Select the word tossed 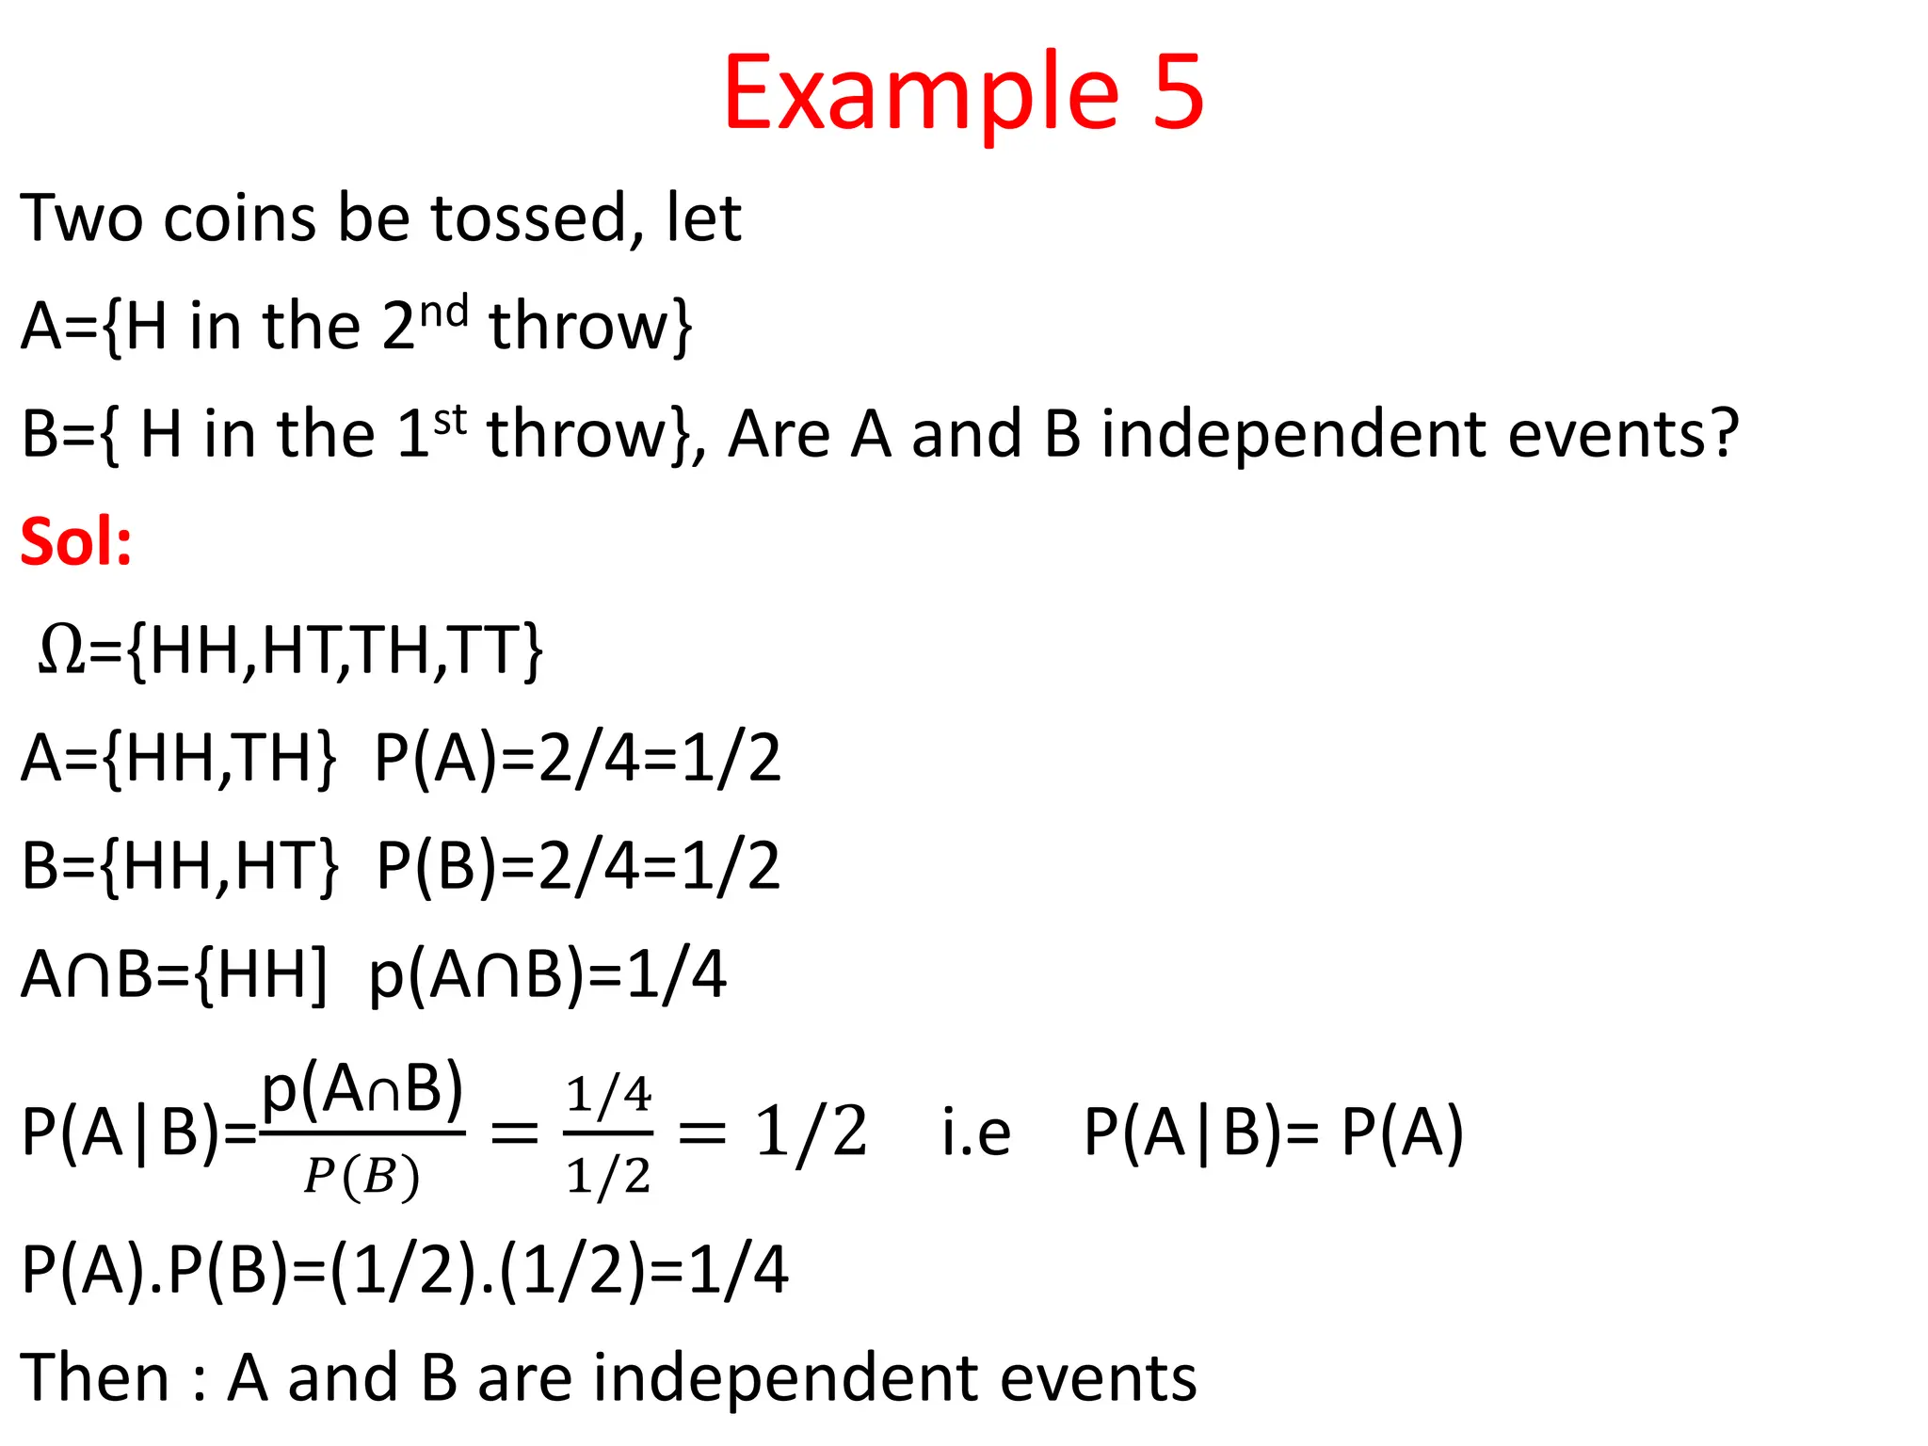click(x=529, y=218)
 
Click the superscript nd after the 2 click(x=443, y=311)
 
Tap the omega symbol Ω click(x=62, y=650)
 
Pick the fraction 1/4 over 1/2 click(x=608, y=1134)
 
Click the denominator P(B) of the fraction click(x=361, y=1177)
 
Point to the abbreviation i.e click(x=976, y=1133)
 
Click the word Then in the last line click(x=94, y=1377)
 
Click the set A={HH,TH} click(x=179, y=758)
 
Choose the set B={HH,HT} click(x=179, y=866)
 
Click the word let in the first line click(x=704, y=218)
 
